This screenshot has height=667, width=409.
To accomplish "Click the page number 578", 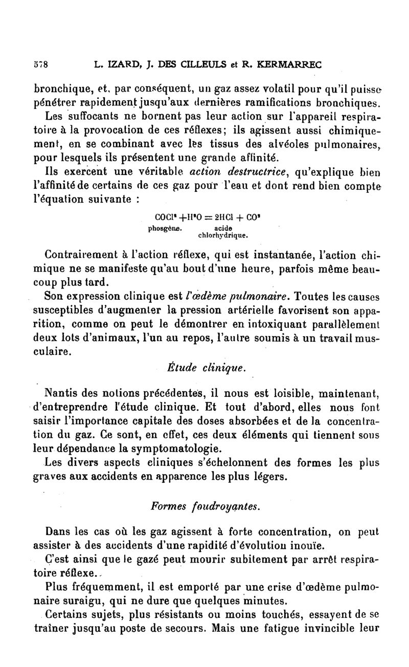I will (x=40, y=65).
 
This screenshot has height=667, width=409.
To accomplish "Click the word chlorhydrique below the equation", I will (x=216, y=236).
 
